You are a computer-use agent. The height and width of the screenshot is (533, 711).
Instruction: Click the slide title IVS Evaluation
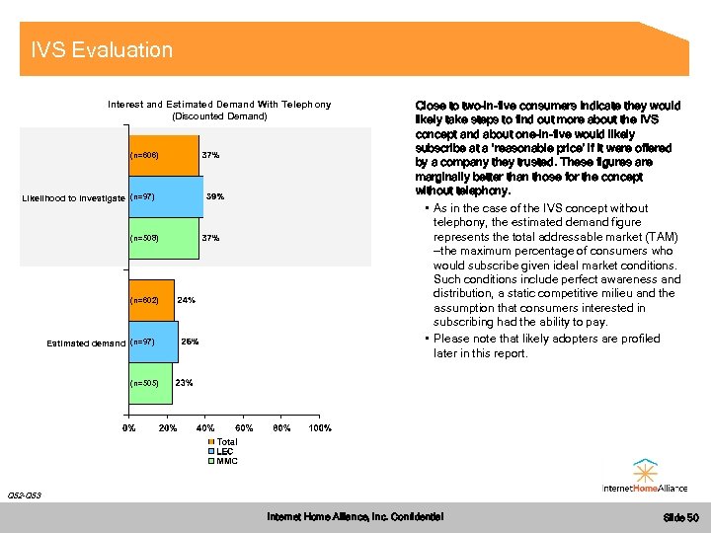point(102,50)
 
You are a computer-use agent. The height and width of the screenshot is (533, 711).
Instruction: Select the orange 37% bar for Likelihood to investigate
point(163,156)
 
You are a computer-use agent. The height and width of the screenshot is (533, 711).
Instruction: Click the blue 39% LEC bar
point(165,197)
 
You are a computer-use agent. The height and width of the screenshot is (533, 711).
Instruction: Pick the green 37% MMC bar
point(163,238)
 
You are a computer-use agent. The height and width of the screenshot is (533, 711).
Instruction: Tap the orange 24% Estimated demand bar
point(150,300)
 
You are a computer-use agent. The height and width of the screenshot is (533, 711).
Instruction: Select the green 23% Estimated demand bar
point(149,382)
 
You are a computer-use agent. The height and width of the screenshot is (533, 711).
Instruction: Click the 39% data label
point(215,197)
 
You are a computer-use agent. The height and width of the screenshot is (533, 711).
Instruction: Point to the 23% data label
point(184,382)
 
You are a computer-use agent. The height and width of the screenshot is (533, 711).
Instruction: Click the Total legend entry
point(226,442)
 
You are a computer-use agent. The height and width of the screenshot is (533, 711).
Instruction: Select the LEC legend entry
point(224,451)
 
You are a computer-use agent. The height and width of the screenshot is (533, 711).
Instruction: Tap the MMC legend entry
point(226,461)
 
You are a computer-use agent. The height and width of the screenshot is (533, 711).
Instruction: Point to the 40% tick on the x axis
point(205,428)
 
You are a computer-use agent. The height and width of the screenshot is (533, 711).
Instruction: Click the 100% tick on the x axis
point(320,428)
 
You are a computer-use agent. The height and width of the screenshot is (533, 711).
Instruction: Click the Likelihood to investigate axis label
point(73,198)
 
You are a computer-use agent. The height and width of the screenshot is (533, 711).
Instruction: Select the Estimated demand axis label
point(86,343)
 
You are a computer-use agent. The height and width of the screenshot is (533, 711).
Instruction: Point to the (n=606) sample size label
point(143,156)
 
